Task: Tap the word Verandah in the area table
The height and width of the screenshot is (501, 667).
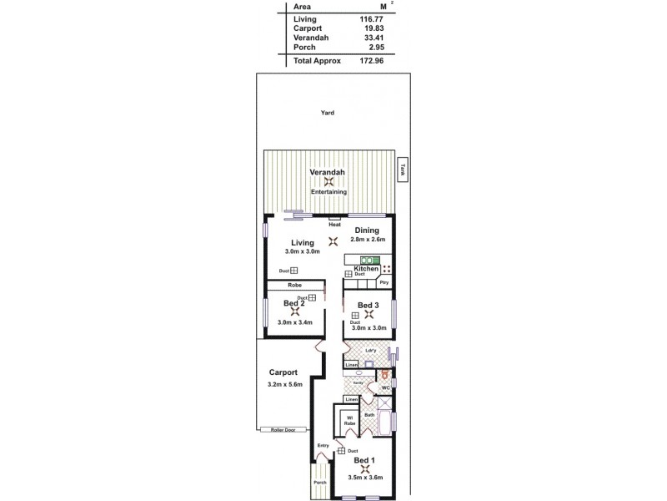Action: coord(311,37)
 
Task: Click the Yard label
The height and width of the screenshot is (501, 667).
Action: coord(328,113)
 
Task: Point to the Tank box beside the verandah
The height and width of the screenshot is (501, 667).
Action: coord(402,169)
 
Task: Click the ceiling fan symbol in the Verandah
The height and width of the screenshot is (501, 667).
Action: coord(328,182)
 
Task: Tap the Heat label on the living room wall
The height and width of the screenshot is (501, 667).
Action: coord(334,225)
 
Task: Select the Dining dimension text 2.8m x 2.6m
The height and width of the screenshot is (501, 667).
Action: coord(367,240)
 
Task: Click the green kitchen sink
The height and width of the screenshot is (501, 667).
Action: coord(367,261)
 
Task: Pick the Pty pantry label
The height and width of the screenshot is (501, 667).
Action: coord(384,283)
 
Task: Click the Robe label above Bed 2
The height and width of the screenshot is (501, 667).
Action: coord(294,286)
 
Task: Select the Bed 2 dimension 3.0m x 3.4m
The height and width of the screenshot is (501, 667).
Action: coord(294,321)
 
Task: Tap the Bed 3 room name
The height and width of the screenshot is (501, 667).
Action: coord(369,306)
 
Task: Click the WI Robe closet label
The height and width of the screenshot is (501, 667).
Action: coord(349,422)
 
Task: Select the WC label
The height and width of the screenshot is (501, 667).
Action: coord(385,388)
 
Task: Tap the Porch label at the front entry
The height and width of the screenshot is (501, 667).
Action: coord(319,483)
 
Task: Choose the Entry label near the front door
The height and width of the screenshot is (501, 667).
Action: coord(323,446)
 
